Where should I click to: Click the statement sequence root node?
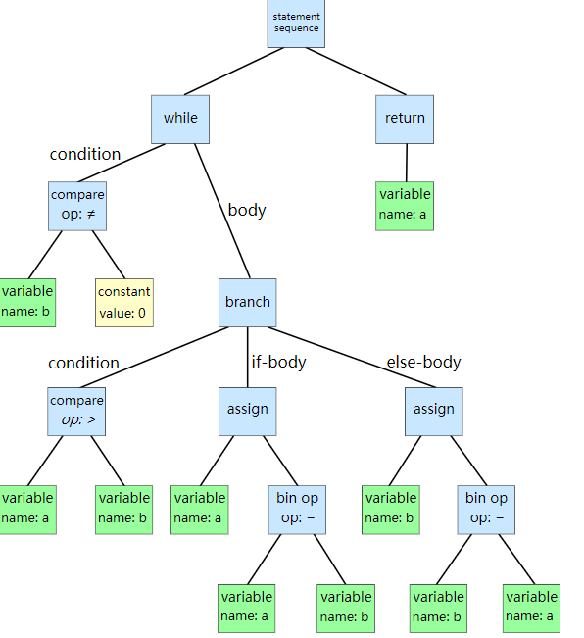coord(295,23)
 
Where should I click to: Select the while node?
coord(180,118)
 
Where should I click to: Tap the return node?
coord(405,118)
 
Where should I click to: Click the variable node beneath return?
coord(405,203)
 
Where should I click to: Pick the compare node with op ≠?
coord(76,204)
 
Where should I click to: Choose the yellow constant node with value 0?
coord(124,301)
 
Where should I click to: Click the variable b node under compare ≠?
coord(26,301)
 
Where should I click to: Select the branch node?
coord(247,302)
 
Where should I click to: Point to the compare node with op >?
coord(76,410)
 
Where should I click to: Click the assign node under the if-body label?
coord(247,410)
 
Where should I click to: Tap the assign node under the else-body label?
coord(433,410)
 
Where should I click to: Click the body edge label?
coord(246,210)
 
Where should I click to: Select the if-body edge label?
coord(278,362)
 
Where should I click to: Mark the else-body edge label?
coord(423,362)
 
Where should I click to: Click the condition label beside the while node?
coord(85,154)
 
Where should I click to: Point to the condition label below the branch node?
coord(83,363)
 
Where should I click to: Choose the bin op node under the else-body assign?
coord(486,508)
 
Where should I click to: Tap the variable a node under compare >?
coord(26,508)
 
